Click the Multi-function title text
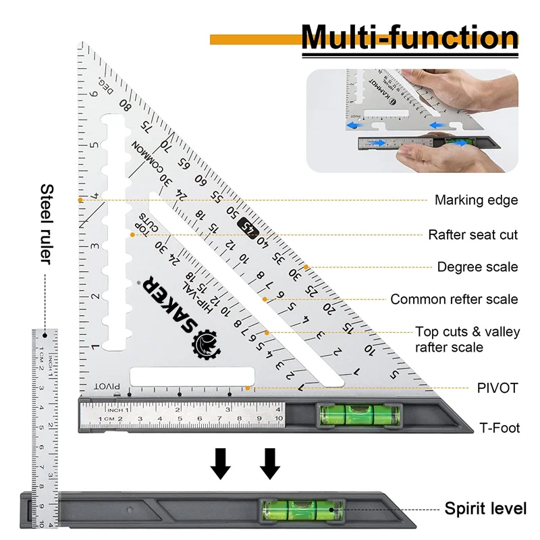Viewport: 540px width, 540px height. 410,36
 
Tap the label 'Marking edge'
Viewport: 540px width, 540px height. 476,200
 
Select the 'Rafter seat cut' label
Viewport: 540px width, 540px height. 473,235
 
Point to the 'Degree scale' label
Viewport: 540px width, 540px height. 477,267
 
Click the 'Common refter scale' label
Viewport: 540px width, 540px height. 454,299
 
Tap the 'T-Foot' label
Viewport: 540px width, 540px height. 500,428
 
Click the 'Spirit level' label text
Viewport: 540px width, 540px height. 485,509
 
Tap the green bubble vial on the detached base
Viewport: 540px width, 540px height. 298,510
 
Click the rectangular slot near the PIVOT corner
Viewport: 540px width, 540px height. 192,377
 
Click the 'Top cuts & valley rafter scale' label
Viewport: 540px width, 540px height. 467,339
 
